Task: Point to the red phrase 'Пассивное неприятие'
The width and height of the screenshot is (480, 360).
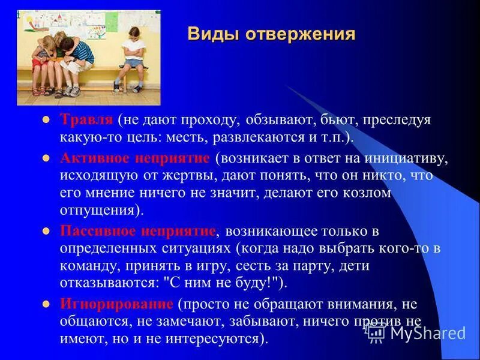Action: pyautogui.click(x=138, y=231)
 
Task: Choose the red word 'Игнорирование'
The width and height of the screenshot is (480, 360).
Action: pyautogui.click(x=116, y=304)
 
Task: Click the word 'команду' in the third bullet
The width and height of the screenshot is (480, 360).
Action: pyautogui.click(x=85, y=266)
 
